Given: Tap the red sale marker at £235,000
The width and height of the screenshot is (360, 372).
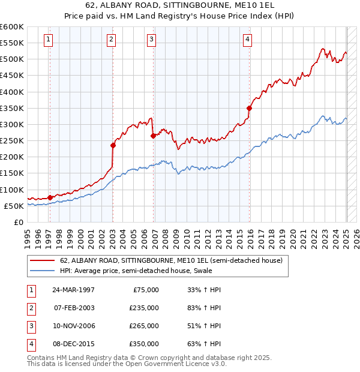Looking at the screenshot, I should click(x=112, y=145).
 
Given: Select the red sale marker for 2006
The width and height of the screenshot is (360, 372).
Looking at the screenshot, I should click(x=153, y=136).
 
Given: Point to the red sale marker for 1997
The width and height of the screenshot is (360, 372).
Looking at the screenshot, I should click(x=50, y=197).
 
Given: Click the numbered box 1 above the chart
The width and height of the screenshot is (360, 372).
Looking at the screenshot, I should click(x=47, y=40).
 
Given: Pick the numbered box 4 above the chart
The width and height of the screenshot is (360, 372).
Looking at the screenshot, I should click(x=247, y=40).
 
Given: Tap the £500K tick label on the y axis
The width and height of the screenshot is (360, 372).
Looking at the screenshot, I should click(x=12, y=59).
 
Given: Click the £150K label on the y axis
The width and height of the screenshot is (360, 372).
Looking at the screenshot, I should click(x=12, y=173).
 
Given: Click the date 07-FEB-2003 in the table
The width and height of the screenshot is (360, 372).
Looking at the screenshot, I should click(x=74, y=308).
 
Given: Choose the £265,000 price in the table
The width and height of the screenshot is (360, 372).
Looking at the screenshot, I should click(x=144, y=326).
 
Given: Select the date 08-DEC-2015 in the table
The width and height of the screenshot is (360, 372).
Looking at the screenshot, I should click(x=74, y=344).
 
